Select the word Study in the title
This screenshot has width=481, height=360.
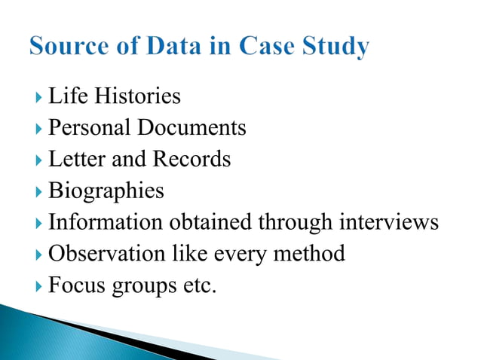(x=332, y=47)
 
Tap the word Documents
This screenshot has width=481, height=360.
(x=191, y=128)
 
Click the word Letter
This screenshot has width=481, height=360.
(x=74, y=160)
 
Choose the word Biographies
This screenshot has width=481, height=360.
(x=106, y=191)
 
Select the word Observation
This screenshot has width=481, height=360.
(x=100, y=254)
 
